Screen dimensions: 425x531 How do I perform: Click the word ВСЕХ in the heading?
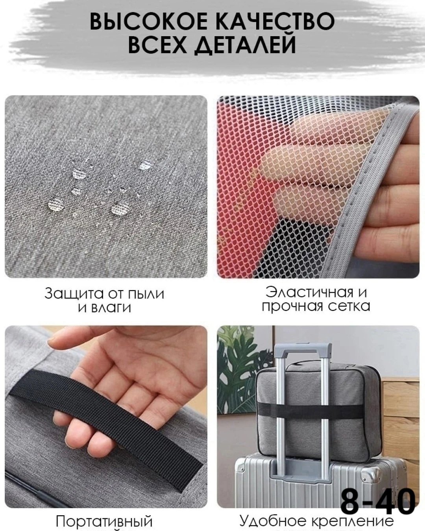[x=157, y=45]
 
